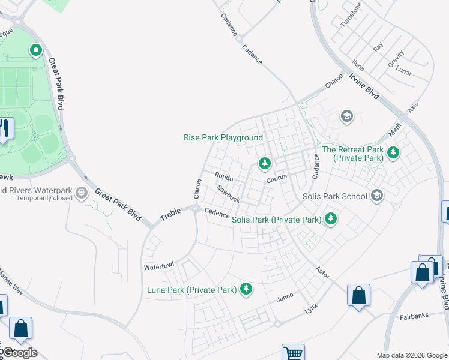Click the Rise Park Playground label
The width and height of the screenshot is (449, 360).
click(223, 137)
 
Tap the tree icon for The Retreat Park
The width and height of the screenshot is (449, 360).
click(393, 153)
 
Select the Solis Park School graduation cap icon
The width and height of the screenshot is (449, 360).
click(377, 196)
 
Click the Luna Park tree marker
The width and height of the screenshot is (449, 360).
click(246, 290)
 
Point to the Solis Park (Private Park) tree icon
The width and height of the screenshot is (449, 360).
click(330, 220)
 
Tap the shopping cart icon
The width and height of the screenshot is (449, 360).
click(293, 353)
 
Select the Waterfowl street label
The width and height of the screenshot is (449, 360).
click(158, 265)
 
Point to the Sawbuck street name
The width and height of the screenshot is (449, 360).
click(229, 193)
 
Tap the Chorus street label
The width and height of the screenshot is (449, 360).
click(277, 178)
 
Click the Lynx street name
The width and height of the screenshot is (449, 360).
click(310, 308)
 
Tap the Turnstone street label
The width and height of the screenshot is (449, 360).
click(351, 17)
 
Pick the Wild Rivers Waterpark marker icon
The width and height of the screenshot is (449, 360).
click(82, 193)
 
